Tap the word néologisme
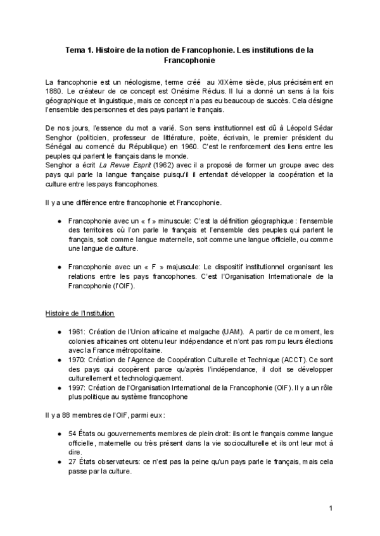[137, 82]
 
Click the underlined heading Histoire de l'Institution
[79, 313]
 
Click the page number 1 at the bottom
[331, 508]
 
